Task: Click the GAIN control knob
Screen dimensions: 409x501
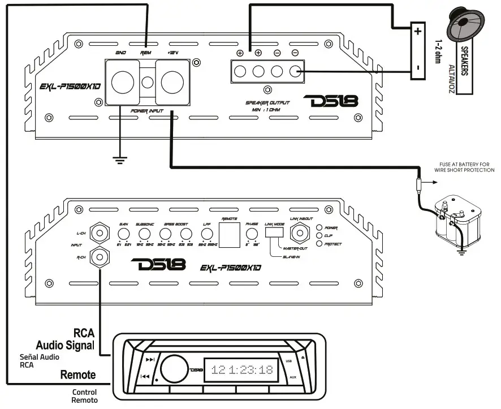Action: [x=123, y=233]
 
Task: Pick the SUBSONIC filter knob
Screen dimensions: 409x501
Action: [x=144, y=233]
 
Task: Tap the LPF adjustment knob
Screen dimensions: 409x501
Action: [x=207, y=233]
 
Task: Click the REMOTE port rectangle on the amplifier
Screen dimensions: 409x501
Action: [x=229, y=234]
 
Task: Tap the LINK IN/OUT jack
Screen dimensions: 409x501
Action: [x=300, y=232]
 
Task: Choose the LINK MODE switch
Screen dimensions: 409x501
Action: [x=274, y=232]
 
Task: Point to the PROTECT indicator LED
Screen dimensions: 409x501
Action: [x=319, y=244]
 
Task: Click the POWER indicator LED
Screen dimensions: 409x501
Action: [x=319, y=227]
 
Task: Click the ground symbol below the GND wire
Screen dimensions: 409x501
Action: [x=119, y=161]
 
